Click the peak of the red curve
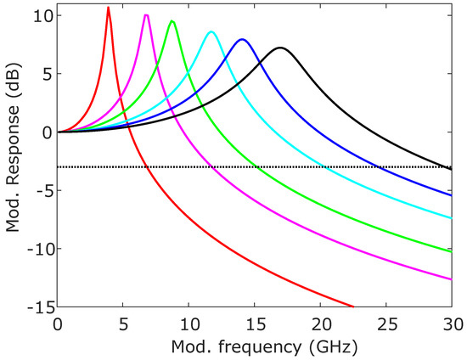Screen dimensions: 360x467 pos(108,8)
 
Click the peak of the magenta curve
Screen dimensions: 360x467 pos(147,15)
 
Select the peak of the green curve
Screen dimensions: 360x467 pos(172,21)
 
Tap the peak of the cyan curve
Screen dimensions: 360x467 pos(211,32)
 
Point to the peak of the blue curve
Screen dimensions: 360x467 pos(242,39)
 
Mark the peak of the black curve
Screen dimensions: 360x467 pos(280,48)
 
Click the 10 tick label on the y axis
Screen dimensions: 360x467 pos(42,15)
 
